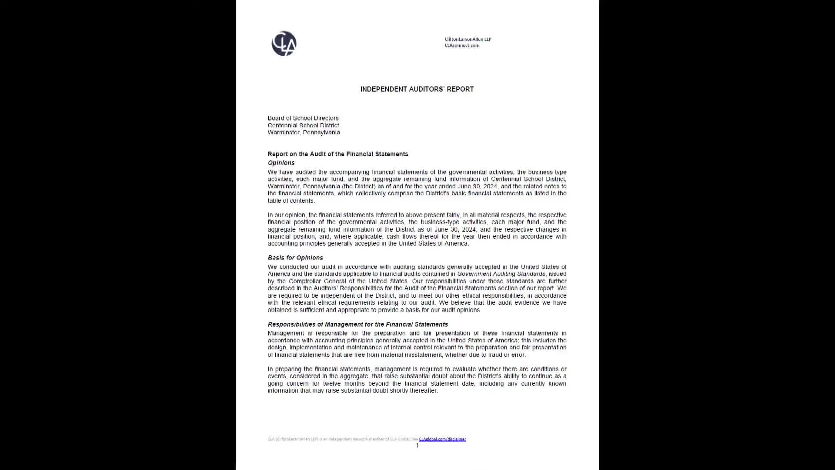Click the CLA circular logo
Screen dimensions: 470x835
pyautogui.click(x=284, y=44)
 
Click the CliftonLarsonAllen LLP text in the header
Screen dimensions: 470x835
pyautogui.click(x=468, y=39)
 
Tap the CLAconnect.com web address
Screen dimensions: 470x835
pyautogui.click(x=462, y=45)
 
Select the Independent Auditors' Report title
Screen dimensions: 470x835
pyautogui.click(x=417, y=89)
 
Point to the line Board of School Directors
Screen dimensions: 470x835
pyautogui.click(x=303, y=118)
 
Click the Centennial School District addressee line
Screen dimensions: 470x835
pyautogui.click(x=303, y=125)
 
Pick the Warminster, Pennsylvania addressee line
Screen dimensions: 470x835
pyautogui.click(x=304, y=132)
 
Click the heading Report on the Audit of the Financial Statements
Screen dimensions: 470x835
pyautogui.click(x=338, y=154)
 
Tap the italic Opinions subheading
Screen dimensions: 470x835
pyautogui.click(x=281, y=163)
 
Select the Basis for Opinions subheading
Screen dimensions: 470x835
pyautogui.click(x=295, y=258)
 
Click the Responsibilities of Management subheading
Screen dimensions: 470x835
pyautogui.click(x=357, y=325)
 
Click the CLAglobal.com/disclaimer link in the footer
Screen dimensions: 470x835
pyautogui.click(x=442, y=439)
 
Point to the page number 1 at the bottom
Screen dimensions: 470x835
pyautogui.click(x=417, y=446)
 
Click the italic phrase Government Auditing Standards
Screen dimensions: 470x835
pyautogui.click(x=501, y=274)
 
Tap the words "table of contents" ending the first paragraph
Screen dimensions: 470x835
pyautogui.click(x=291, y=201)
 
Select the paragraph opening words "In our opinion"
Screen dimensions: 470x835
pyautogui.click(x=287, y=215)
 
